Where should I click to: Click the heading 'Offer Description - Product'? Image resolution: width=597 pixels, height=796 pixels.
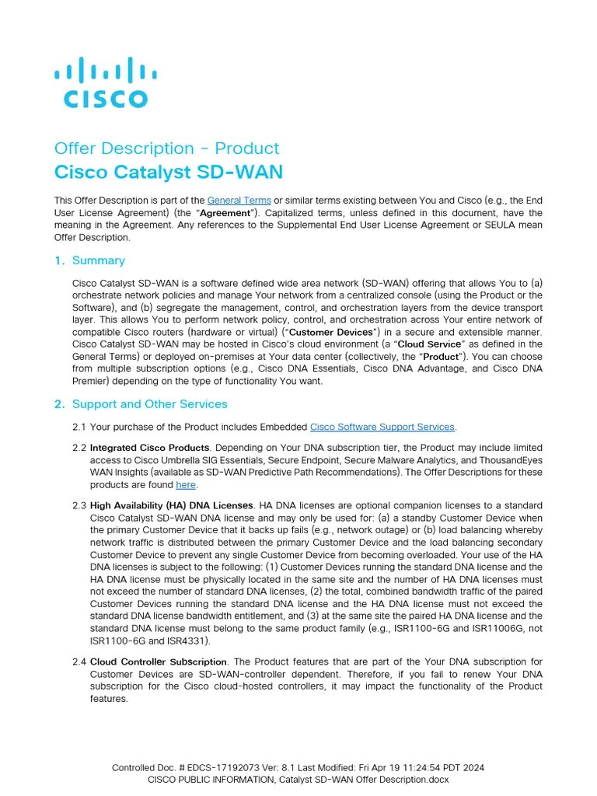(x=166, y=148)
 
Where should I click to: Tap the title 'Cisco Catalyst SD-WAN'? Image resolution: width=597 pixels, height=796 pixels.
(x=168, y=172)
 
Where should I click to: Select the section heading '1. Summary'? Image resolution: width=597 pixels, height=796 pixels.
(x=98, y=260)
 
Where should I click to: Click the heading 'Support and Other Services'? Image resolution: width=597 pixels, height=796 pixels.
(x=149, y=404)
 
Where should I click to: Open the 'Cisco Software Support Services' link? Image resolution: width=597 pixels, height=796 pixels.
(x=382, y=427)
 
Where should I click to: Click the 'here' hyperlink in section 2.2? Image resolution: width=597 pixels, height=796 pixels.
(x=186, y=485)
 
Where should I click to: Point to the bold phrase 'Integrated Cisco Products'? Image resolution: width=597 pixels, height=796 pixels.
(x=150, y=449)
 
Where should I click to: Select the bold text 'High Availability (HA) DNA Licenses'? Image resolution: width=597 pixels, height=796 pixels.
(x=172, y=505)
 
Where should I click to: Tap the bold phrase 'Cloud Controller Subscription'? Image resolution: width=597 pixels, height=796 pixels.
(x=159, y=662)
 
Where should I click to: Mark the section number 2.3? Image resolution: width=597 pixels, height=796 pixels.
(x=79, y=505)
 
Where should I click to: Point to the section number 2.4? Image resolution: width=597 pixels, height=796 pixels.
(x=79, y=662)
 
